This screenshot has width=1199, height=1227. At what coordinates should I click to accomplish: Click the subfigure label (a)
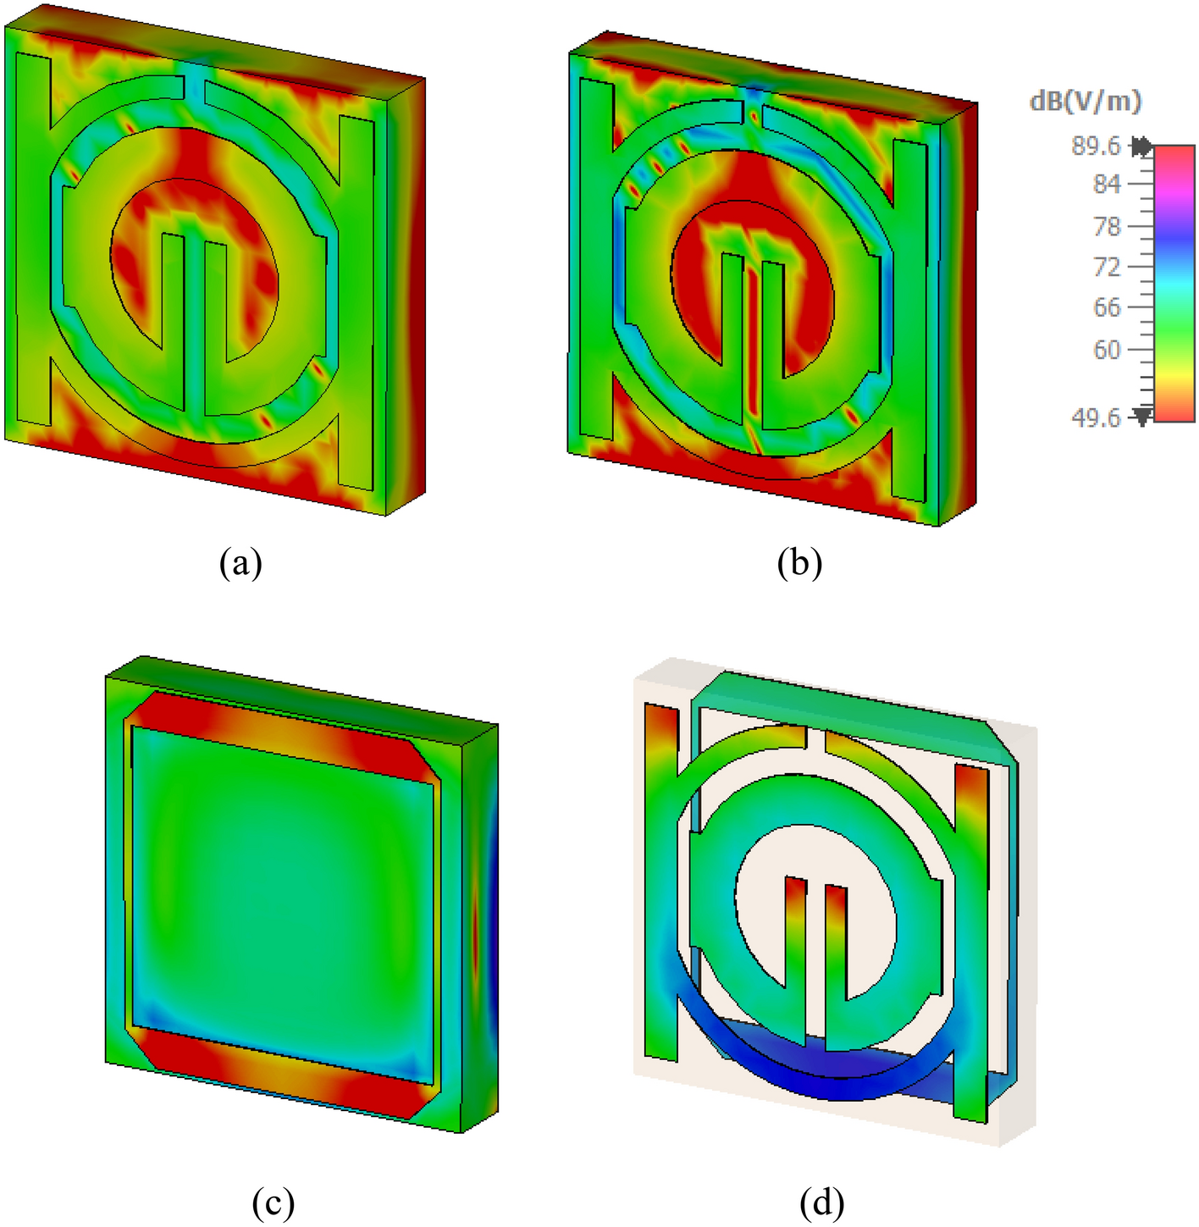click(x=240, y=562)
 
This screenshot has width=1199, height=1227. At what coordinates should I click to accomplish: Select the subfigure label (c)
click(x=273, y=1202)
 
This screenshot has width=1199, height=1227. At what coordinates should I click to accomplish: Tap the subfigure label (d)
click(x=821, y=1202)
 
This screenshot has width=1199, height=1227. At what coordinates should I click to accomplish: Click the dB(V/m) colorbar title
click(x=1085, y=102)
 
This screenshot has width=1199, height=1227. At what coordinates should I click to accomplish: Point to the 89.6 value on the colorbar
click(x=1095, y=146)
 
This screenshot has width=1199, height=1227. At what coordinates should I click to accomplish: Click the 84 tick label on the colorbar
click(x=1106, y=184)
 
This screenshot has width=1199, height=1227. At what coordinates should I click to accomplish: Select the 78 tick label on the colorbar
click(x=1106, y=226)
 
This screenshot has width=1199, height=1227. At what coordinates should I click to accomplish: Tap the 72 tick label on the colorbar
click(x=1106, y=267)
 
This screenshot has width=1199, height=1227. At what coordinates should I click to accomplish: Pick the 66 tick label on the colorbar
click(x=1106, y=307)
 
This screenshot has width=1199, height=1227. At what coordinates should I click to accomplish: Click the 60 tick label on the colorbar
click(x=1106, y=349)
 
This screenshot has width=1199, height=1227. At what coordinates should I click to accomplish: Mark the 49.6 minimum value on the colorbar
click(x=1095, y=417)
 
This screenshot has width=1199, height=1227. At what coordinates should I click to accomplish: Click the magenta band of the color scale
click(x=1174, y=191)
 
